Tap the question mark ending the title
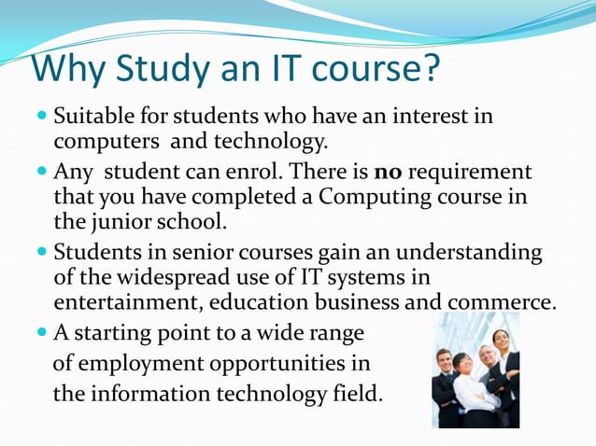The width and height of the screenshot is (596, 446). pyautogui.click(x=430, y=70)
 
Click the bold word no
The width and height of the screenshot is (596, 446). pyautogui.click(x=388, y=173)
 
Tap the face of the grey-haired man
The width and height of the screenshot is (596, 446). pyautogui.click(x=486, y=355)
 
